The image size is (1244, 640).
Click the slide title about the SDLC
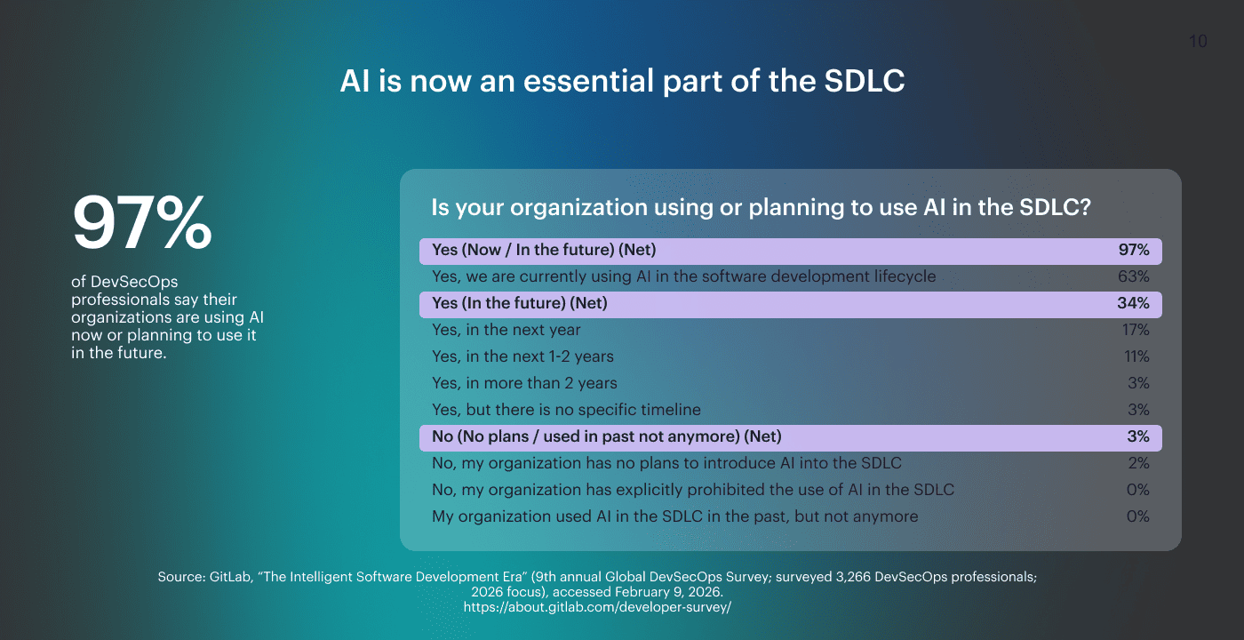[622, 82]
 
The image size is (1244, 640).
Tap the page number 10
[1198, 42]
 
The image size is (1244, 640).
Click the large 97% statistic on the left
[142, 224]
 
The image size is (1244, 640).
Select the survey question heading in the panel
[761, 208]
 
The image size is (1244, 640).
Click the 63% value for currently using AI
[1133, 276]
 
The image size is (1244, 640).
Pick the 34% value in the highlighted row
[1133, 303]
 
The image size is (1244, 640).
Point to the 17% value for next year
[1135, 330]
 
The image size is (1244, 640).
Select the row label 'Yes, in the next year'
[506, 330]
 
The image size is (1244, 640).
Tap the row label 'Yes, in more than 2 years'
[524, 383]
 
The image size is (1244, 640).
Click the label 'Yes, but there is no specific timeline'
[566, 410]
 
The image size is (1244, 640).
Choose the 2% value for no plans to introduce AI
[1137, 463]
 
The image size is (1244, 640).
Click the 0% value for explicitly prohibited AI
[1137, 490]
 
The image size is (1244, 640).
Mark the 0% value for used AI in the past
[1137, 516]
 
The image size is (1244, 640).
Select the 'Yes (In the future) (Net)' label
[519, 303]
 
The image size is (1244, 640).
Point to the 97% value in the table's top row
[1133, 250]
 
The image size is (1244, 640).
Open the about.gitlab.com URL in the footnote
[597, 607]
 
